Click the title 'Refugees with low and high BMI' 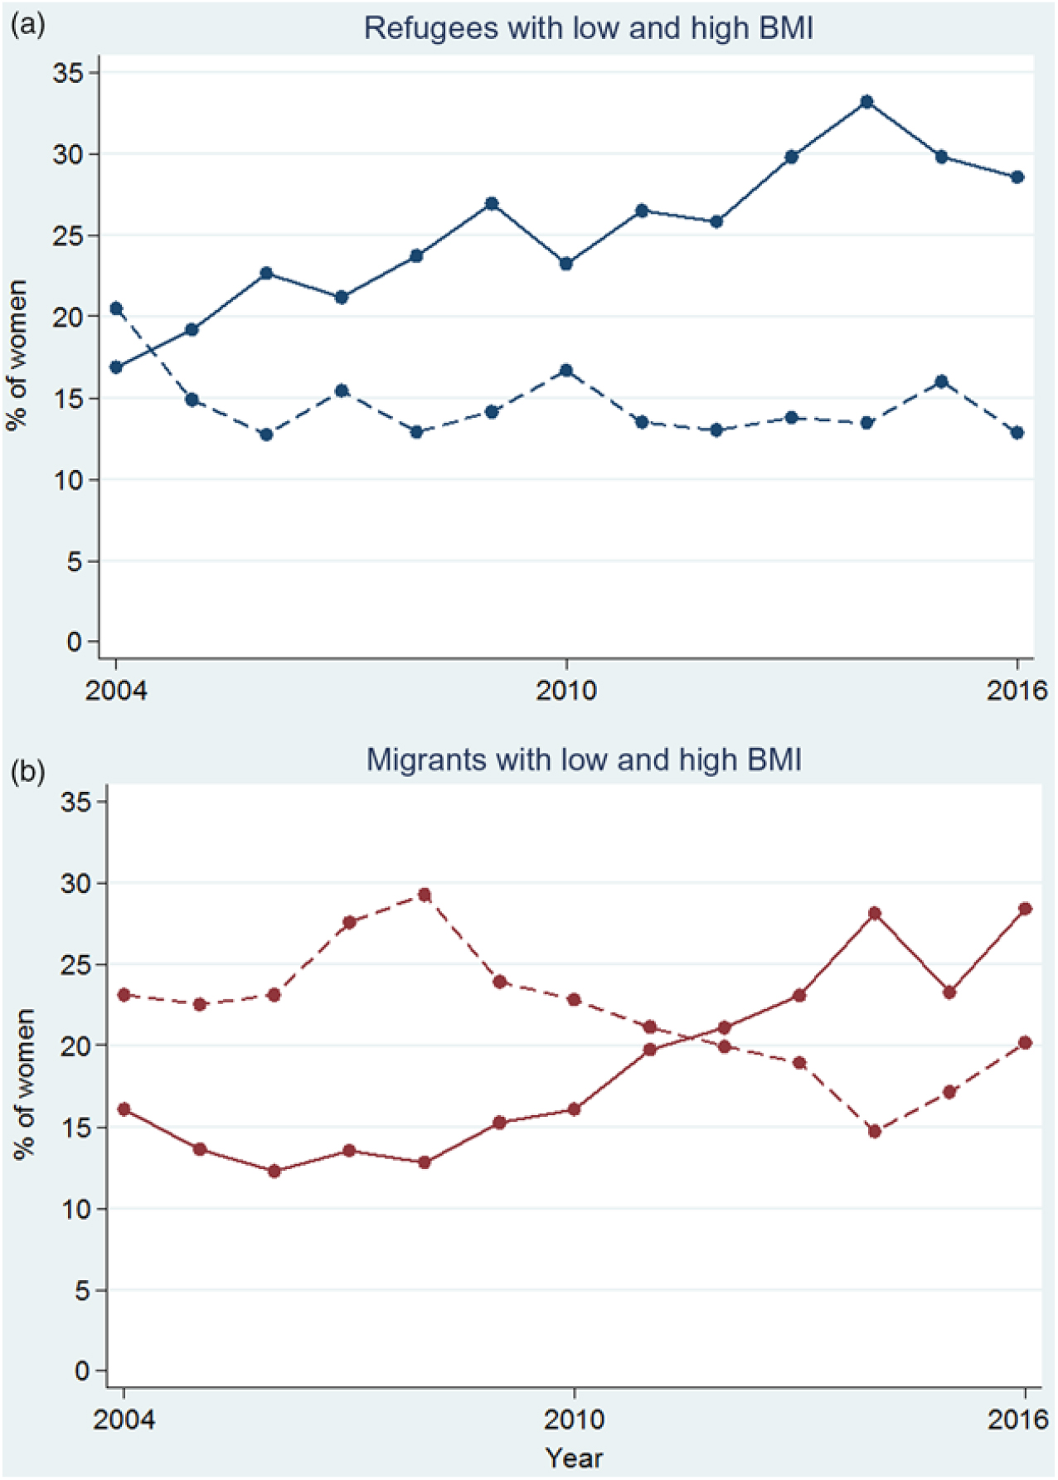(588, 28)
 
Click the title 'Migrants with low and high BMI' (584, 759)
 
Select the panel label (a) (27, 25)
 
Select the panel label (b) (27, 772)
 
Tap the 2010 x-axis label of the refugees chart (566, 690)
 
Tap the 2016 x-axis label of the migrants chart (1018, 1419)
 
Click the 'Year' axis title (574, 1458)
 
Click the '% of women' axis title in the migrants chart (25, 1084)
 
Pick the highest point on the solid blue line (867, 102)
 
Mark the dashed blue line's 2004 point (116, 308)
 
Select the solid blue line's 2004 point (116, 366)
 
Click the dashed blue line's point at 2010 (566, 371)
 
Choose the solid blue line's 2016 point (1017, 177)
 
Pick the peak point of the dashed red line (425, 895)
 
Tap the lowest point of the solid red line (274, 1171)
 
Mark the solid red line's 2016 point (1025, 909)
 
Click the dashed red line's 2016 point (1025, 1042)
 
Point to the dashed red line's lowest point (874, 1131)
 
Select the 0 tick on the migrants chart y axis (83, 1371)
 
